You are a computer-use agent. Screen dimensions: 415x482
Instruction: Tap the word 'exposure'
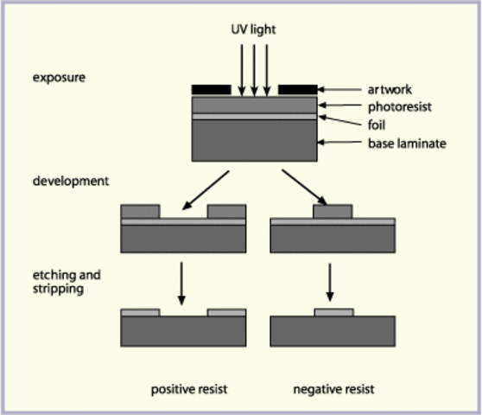(x=58, y=77)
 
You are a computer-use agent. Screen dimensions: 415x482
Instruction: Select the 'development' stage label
(x=71, y=182)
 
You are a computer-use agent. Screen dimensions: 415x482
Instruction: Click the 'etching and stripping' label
(x=67, y=282)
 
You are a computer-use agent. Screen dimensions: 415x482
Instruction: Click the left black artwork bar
(x=211, y=89)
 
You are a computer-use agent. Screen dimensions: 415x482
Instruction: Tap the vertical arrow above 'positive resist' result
(x=182, y=284)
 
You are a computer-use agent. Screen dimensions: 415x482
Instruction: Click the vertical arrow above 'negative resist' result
(x=333, y=284)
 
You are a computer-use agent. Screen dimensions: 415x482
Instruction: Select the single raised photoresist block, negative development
(x=333, y=210)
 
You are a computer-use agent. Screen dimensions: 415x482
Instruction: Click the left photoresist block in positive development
(x=140, y=210)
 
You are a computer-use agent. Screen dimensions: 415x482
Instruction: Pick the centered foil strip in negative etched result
(x=333, y=311)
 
